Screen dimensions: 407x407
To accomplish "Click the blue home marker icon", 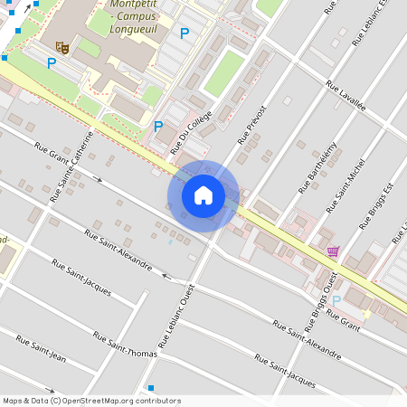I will coord(203,195).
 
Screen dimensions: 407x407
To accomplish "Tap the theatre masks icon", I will coord(62,46).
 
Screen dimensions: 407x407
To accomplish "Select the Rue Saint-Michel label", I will coord(345,185).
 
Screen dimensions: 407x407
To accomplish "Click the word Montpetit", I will coord(129,5).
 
